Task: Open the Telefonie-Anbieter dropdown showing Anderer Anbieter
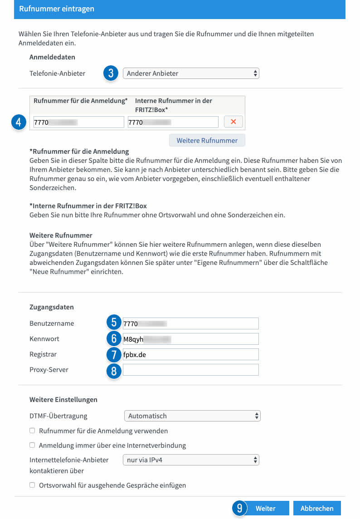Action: (x=191, y=73)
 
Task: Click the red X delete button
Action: (x=234, y=122)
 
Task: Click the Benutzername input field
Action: (x=190, y=323)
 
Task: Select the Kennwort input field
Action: (x=190, y=339)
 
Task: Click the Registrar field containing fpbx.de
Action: (x=190, y=354)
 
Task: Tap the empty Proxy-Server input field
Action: (x=190, y=370)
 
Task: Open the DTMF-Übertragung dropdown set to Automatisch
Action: (x=192, y=416)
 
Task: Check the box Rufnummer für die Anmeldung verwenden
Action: (x=32, y=431)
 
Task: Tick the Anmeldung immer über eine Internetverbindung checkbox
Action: (x=32, y=445)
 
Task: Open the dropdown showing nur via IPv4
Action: (x=191, y=460)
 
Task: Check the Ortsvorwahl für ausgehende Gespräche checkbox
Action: (x=32, y=485)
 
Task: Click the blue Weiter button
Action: (x=265, y=509)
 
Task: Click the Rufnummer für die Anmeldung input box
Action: (x=78, y=122)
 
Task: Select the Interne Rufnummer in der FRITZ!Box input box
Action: (x=173, y=122)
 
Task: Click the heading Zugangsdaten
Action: (x=52, y=307)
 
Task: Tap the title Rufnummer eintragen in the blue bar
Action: (x=56, y=9)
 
